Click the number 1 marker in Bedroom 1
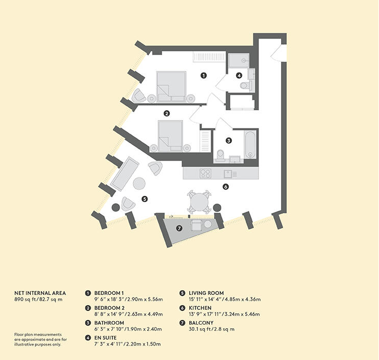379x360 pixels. point(204,75)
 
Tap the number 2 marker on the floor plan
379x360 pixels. point(167,113)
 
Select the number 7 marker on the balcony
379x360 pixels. point(179,228)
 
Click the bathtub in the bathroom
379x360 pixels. point(250,145)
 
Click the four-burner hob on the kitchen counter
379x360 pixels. point(206,174)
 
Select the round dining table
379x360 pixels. point(199,202)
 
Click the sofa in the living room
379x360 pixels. point(125,174)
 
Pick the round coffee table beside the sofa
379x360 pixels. point(139,184)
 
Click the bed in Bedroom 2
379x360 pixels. point(170,136)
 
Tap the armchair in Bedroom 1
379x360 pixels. point(138,96)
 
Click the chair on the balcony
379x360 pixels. point(197,225)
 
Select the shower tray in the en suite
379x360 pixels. point(239,60)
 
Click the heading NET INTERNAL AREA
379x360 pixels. point(40,293)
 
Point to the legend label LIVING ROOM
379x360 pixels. point(206,293)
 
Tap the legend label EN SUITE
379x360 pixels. point(105,338)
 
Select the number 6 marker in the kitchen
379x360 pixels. point(226,187)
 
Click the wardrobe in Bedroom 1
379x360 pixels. point(209,57)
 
